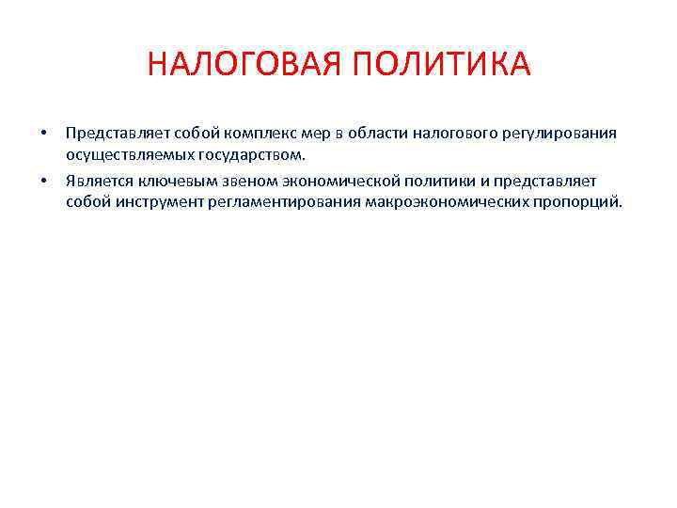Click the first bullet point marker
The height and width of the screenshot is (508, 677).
41,133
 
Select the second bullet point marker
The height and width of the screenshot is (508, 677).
41,179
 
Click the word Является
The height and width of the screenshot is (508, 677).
96,180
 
